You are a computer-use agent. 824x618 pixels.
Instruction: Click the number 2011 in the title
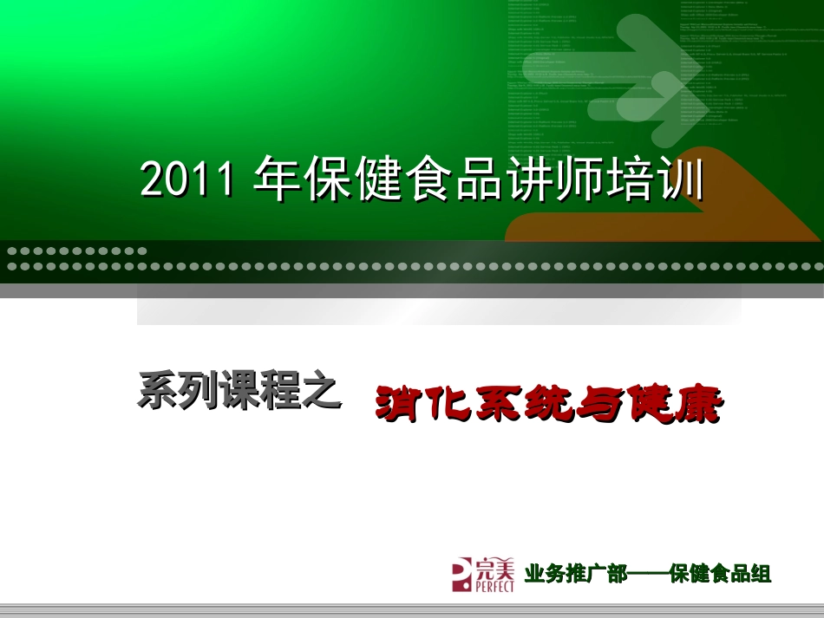pyautogui.click(x=187, y=179)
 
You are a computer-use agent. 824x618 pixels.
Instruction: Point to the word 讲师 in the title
pyautogui.click(x=561, y=179)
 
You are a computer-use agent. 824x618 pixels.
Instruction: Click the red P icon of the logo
pyautogui.click(x=462, y=574)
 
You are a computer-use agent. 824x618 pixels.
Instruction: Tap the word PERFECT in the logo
pyautogui.click(x=494, y=586)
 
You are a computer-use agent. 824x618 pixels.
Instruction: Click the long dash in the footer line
pyautogui.click(x=647, y=574)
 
